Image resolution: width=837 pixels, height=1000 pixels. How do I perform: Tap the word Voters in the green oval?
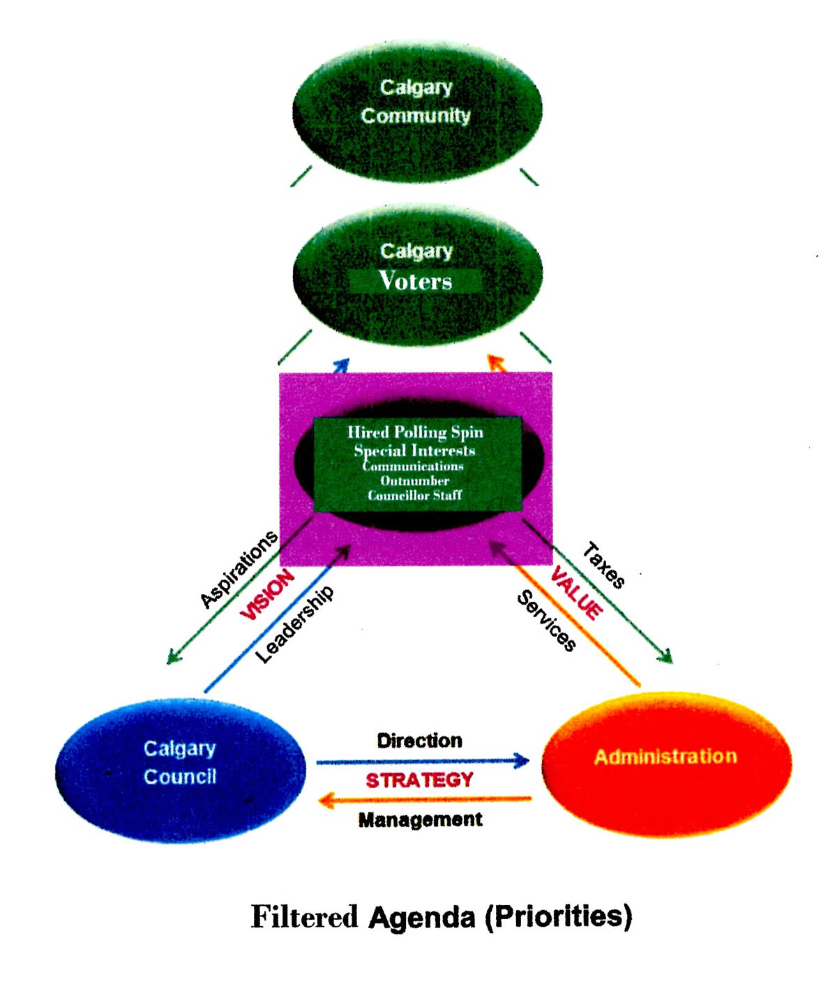coord(416,280)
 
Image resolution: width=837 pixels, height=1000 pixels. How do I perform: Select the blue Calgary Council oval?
coord(180,771)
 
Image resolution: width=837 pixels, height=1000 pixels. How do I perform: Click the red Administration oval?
coord(666,764)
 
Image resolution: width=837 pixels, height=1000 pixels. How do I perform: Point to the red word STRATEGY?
coord(419,780)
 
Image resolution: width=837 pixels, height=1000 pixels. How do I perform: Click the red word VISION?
coord(267,594)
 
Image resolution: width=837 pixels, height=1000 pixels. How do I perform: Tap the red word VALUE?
coord(576,593)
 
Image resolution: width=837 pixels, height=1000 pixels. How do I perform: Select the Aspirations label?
coord(239,569)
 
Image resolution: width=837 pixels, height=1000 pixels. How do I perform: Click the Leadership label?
coord(294,624)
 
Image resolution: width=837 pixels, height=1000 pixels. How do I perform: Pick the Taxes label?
coord(603,566)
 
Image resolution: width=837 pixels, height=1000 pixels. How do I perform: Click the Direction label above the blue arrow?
coord(419,741)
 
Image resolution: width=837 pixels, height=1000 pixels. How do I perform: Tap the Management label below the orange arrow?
coord(420,819)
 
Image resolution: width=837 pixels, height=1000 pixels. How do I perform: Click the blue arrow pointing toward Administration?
coord(422,761)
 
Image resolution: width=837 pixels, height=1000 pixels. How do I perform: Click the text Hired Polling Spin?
coord(415,432)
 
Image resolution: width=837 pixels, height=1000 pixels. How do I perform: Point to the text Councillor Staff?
coord(415,495)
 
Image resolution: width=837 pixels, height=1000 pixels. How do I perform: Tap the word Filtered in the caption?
coord(304,916)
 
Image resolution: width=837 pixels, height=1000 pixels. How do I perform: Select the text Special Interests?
coord(415,450)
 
